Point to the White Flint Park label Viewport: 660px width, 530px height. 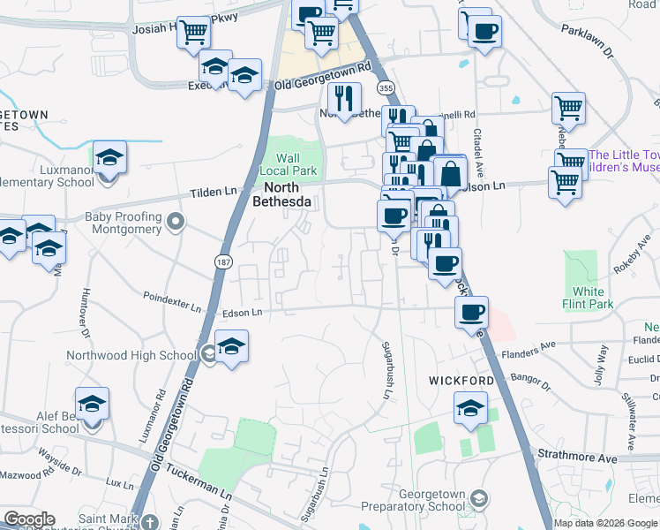click(588, 298)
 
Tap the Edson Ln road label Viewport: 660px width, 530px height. click(243, 313)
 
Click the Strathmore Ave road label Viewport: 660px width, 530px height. click(578, 458)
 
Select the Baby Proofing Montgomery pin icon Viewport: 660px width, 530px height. click(176, 221)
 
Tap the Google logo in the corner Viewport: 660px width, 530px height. click(28, 519)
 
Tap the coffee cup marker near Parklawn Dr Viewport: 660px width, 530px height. click(483, 32)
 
